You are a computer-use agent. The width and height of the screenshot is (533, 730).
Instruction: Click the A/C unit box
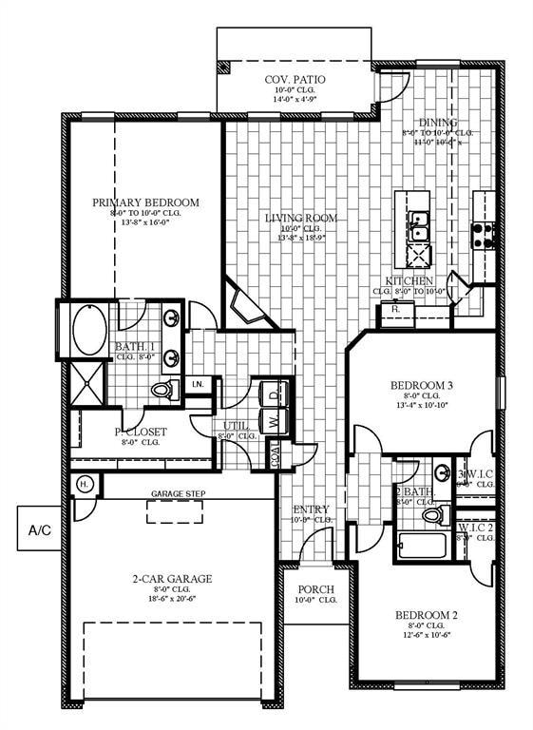(40, 528)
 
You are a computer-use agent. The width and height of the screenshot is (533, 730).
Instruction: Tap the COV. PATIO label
(295, 80)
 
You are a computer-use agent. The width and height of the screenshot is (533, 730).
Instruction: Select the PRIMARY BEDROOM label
(145, 202)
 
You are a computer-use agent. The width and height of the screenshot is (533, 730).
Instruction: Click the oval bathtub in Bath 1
(91, 330)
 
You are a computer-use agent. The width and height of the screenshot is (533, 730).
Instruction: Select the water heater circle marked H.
(84, 484)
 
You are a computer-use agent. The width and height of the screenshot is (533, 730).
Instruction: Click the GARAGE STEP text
(180, 494)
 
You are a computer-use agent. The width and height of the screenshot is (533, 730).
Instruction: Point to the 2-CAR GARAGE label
(172, 578)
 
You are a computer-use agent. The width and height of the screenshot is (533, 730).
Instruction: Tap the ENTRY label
(311, 509)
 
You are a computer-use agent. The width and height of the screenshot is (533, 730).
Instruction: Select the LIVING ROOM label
(300, 219)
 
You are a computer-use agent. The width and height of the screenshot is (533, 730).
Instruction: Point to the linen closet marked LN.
(199, 384)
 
